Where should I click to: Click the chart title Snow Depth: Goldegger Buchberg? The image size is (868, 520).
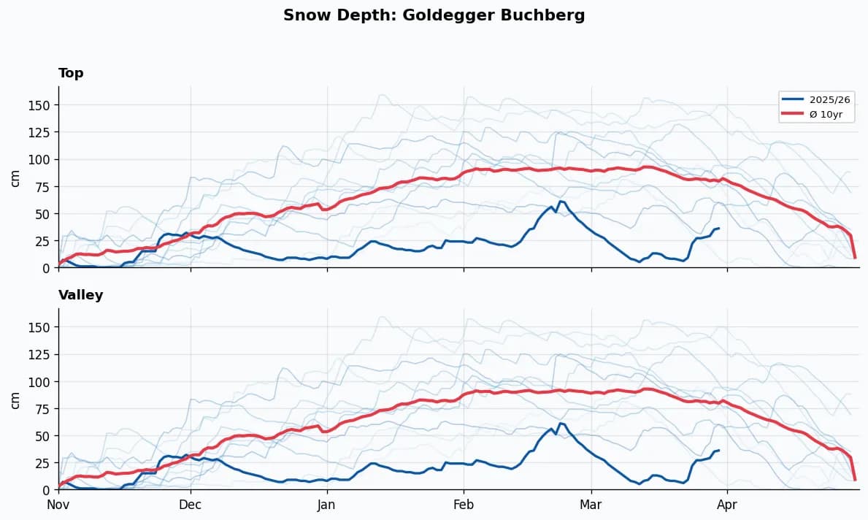tap(434, 15)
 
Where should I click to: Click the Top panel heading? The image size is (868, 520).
tap(71, 73)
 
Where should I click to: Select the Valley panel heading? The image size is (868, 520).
tap(80, 295)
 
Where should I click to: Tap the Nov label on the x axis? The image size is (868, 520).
tap(58, 505)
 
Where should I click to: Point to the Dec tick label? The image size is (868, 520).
tap(191, 505)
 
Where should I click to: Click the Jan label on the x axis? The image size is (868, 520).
tap(326, 505)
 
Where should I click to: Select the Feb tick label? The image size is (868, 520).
tap(464, 505)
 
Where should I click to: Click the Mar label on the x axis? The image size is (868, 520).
tap(591, 505)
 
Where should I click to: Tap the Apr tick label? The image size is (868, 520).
tap(727, 505)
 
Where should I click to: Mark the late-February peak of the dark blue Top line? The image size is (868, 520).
tap(560, 201)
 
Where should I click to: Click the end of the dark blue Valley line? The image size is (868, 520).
tap(719, 450)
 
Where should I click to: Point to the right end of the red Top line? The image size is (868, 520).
tap(855, 257)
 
